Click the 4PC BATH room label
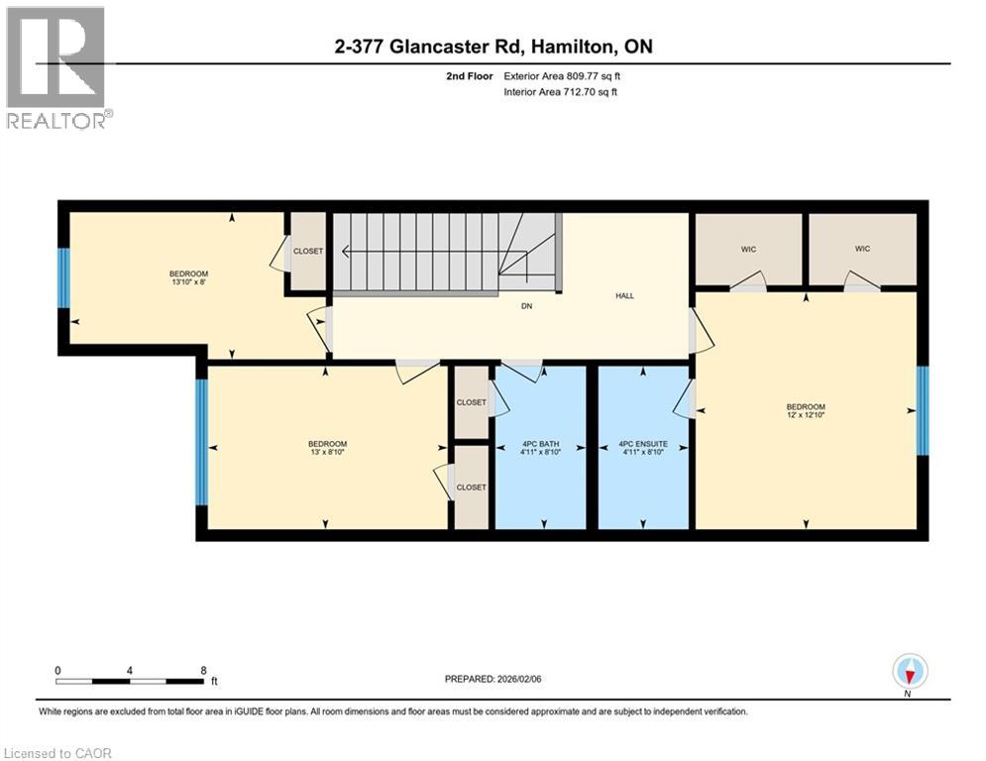tap(541, 444)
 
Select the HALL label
tap(624, 295)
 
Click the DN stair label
tap(527, 306)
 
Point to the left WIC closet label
tap(748, 249)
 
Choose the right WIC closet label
tap(862, 249)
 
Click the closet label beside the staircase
tap(307, 252)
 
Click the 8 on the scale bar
tap(203, 670)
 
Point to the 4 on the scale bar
tap(130, 670)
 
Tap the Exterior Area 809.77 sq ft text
tap(562, 75)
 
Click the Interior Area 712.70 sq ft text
tap(562, 92)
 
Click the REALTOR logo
tap(56, 67)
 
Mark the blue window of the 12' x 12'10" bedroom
tap(923, 410)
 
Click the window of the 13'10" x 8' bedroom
tap(64, 278)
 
